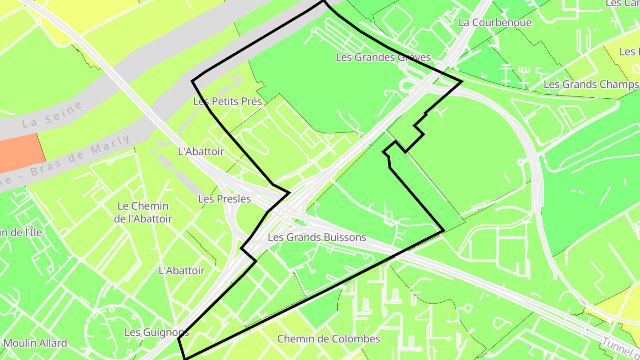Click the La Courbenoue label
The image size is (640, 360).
click(x=495, y=22)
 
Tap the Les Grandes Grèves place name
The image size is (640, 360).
click(x=383, y=57)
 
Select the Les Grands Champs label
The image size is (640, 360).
click(x=591, y=84)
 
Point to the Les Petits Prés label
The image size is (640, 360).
click(x=227, y=101)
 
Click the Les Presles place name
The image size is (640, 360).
click(x=224, y=199)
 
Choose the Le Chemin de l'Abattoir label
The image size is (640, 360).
click(x=143, y=212)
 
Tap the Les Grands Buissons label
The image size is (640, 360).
click(x=317, y=237)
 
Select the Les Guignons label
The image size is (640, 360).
click(x=156, y=332)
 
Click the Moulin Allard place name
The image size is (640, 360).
click(x=35, y=343)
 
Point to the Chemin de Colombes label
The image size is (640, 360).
click(x=328, y=339)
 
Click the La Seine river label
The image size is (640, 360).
click(x=52, y=114)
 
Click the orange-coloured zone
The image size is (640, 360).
click(x=20, y=152)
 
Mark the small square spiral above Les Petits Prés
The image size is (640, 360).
click(x=237, y=79)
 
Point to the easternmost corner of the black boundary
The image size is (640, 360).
click(x=462, y=82)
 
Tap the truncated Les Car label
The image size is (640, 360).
click(x=622, y=4)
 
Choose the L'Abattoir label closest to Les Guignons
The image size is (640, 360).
click(x=181, y=270)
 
